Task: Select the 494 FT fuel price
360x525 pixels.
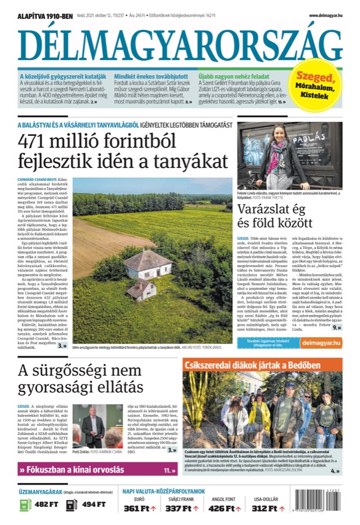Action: pyautogui.click(x=94, y=505)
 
